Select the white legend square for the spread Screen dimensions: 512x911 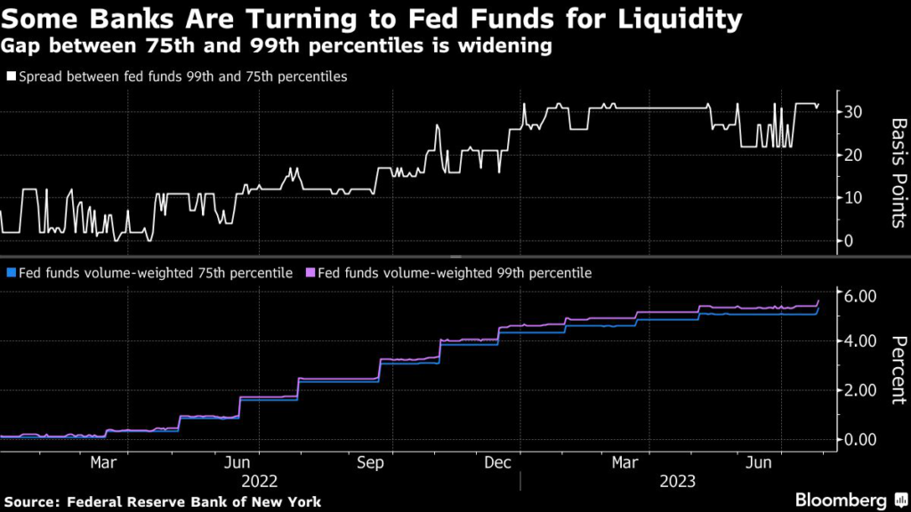point(11,77)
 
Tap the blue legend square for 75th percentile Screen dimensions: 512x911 point(11,273)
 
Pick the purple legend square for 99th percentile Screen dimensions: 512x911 point(310,273)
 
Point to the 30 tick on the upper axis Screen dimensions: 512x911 point(852,112)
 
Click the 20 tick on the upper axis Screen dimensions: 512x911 point(852,155)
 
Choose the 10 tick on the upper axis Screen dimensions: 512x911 point(852,197)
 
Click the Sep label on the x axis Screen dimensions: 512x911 point(370,463)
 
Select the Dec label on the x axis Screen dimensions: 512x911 point(498,463)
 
